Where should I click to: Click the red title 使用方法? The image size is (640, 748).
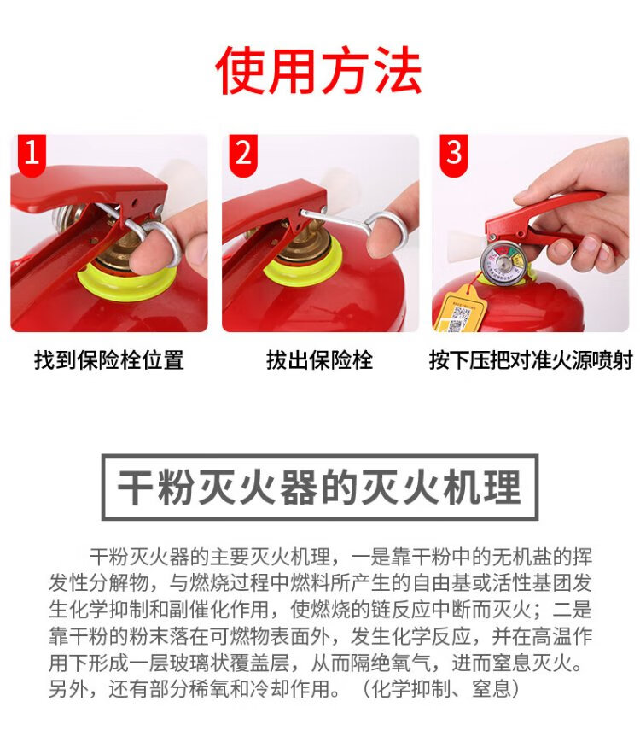[318, 71]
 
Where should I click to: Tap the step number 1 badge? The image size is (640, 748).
[32, 154]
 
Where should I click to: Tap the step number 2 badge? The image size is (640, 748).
[243, 154]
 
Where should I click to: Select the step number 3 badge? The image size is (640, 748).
[453, 154]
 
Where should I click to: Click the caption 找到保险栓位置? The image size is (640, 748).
[109, 359]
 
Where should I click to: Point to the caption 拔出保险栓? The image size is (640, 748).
[319, 359]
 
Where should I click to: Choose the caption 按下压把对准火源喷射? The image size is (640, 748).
[531, 359]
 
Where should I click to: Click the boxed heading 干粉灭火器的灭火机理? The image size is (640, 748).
[319, 487]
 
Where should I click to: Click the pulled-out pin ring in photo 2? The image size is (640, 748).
[387, 233]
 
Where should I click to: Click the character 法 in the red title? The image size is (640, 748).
[399, 71]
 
